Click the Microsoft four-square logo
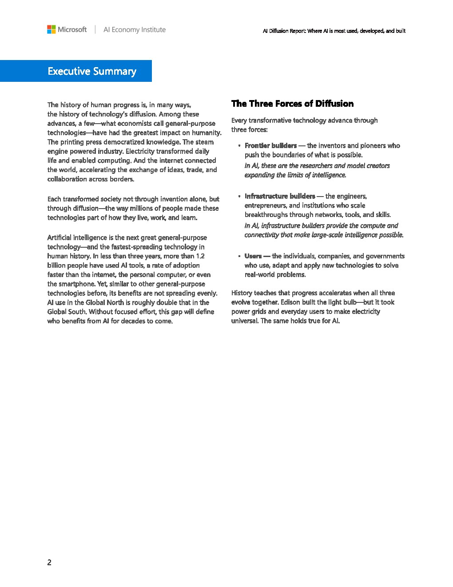[x=52, y=29]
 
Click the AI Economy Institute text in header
[x=134, y=30]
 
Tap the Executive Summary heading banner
[x=92, y=71]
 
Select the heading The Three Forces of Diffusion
[x=292, y=104]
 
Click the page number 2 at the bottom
[x=49, y=562]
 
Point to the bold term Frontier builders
[x=270, y=145]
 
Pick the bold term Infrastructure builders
[x=280, y=196]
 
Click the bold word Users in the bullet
[x=253, y=256]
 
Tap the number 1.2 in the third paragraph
[x=200, y=256]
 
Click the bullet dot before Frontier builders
[x=239, y=145]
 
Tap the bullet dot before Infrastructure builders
[x=239, y=196]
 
